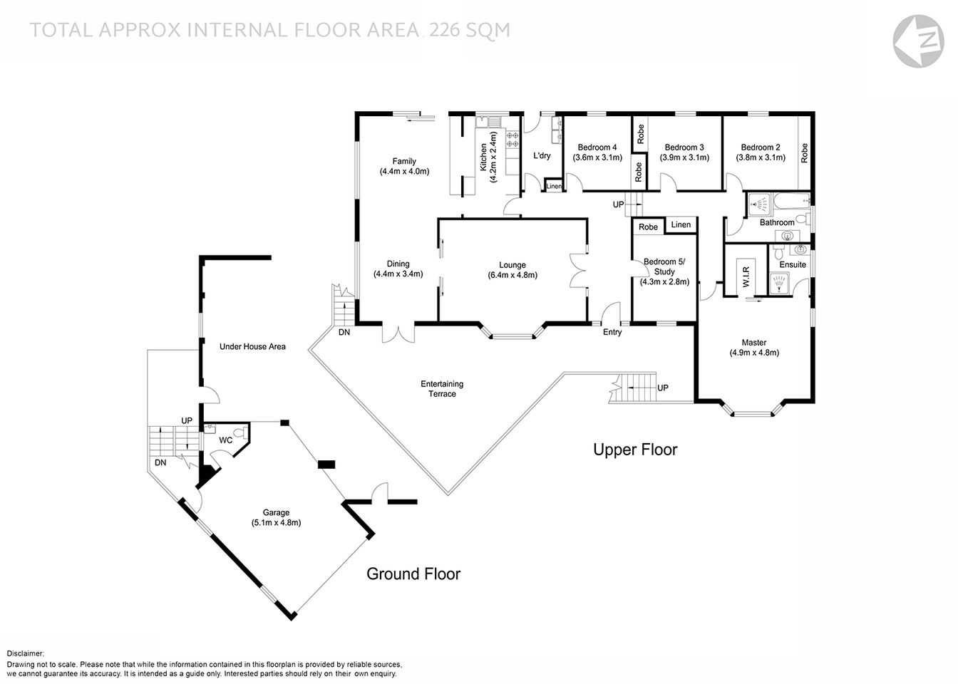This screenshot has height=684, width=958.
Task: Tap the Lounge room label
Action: (512, 265)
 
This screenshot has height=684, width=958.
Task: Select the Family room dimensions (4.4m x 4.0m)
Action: (404, 172)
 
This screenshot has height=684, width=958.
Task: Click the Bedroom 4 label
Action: (597, 147)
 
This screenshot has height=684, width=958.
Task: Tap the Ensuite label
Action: (793, 264)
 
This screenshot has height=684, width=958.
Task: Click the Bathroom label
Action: (776, 222)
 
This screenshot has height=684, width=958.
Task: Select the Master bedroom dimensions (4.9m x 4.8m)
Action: (753, 353)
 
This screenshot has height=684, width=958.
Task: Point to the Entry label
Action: (612, 332)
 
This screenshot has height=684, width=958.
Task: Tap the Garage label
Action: (276, 512)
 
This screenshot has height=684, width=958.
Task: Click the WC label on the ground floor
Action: (225, 440)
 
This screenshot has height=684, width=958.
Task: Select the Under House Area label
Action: (252, 346)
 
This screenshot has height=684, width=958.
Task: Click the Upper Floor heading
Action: (635, 450)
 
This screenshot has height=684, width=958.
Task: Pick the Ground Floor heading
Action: (413, 574)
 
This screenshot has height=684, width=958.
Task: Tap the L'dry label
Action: (542, 156)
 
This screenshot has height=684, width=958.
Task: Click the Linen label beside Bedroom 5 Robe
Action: (681, 225)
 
